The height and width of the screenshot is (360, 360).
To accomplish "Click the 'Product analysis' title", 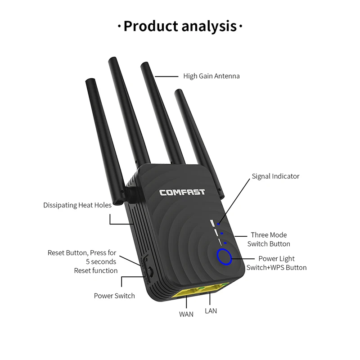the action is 180,26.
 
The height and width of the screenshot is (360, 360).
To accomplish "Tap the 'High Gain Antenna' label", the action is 211,76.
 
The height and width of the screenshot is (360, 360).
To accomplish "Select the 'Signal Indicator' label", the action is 275,176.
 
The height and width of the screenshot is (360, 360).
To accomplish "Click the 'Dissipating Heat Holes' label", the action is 77,205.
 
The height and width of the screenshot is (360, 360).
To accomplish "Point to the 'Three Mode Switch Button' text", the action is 269,239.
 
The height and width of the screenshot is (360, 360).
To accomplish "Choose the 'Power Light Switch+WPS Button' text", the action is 276,263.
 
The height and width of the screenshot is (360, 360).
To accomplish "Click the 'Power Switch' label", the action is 114,296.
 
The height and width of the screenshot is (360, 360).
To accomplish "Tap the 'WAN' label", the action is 186,314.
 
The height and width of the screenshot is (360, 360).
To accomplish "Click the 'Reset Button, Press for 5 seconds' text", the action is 82,257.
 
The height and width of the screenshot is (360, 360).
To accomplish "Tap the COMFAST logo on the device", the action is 182,192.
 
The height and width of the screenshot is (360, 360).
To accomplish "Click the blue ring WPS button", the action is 224,257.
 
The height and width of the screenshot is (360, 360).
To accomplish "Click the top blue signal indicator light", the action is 219,223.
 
